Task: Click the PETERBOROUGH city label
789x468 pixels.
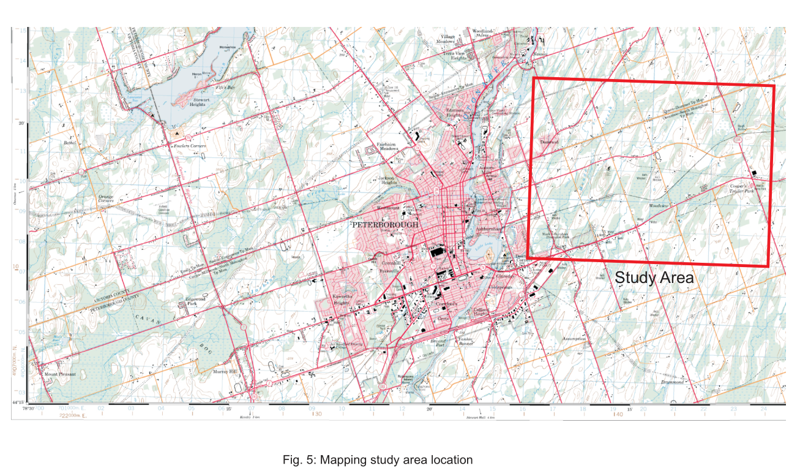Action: (386, 225)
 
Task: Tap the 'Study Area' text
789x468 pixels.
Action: (654, 277)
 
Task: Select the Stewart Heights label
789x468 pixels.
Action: (201, 101)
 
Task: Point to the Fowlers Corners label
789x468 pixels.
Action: (188, 146)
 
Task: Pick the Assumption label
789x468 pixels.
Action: (574, 339)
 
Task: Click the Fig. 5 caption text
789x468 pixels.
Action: (378, 459)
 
